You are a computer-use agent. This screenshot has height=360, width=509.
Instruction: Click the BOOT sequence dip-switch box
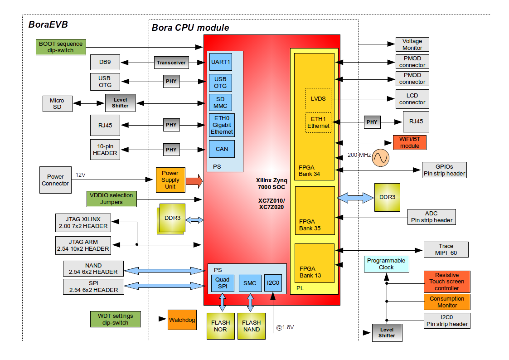tap(61, 47)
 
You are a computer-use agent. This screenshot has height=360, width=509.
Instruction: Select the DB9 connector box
tap(105, 62)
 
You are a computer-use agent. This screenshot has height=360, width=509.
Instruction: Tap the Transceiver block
tap(171, 63)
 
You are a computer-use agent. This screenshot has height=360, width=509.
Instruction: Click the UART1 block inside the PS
tap(221, 62)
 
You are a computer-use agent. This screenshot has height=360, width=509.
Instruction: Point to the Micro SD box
tap(57, 104)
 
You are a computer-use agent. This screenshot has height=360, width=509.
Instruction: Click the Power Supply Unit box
tap(170, 180)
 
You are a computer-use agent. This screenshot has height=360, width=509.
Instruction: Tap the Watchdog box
tap(182, 320)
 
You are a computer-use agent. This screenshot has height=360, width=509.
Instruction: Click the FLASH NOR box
tap(220, 326)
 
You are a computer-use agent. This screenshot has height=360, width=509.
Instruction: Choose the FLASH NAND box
tap(251, 326)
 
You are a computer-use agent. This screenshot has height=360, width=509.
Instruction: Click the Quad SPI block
tap(222, 283)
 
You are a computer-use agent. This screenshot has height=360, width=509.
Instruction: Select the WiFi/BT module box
tap(409, 142)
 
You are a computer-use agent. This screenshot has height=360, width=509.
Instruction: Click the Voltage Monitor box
tap(412, 44)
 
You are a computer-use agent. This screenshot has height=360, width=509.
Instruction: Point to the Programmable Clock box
tap(386, 264)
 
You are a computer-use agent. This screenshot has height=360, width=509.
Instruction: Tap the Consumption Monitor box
tap(447, 302)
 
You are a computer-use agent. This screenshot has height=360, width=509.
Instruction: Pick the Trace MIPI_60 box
tap(446, 249)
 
